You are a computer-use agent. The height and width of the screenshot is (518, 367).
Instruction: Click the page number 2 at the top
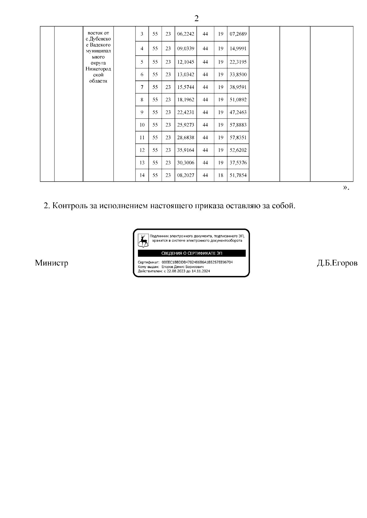(x=196, y=19)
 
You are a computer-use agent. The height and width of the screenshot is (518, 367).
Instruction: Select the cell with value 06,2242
(x=186, y=34)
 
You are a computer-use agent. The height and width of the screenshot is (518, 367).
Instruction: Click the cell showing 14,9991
(x=238, y=49)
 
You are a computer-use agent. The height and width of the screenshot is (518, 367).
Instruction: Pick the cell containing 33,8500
(x=238, y=74)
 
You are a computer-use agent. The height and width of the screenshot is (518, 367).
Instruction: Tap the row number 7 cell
(x=142, y=87)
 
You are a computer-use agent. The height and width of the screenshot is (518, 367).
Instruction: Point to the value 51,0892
(x=238, y=100)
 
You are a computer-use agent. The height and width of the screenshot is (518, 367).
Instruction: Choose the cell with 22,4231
(x=186, y=112)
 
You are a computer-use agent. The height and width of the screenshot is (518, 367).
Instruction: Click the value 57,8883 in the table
(x=238, y=125)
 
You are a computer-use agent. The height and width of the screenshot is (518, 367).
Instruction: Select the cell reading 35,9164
(x=186, y=150)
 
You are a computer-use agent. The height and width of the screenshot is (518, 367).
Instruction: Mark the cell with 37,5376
(x=238, y=162)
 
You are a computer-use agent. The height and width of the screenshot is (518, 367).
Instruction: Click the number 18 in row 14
(x=221, y=175)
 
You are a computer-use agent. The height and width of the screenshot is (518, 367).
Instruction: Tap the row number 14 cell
(x=142, y=175)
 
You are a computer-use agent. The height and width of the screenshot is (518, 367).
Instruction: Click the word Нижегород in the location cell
(x=98, y=69)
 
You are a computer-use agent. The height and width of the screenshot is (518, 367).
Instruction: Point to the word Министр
(x=51, y=263)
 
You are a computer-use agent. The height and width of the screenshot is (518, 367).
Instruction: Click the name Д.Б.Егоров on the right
(x=337, y=263)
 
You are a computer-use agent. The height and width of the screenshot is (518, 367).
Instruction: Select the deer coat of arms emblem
(x=143, y=241)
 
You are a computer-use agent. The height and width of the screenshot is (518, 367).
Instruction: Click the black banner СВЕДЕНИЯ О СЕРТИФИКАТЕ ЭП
(x=192, y=253)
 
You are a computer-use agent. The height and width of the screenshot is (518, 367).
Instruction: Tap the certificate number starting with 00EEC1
(x=197, y=262)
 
